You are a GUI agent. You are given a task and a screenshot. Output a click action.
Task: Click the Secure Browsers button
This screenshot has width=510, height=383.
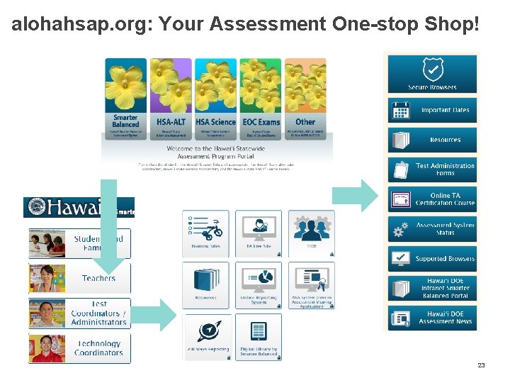click(432, 74)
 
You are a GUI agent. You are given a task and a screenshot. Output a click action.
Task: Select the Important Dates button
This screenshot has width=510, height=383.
click(432, 111)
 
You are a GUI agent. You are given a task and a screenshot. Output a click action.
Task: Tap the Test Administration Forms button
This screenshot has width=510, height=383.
click(432, 170)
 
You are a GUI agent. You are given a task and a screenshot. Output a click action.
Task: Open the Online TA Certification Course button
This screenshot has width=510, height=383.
click(432, 199)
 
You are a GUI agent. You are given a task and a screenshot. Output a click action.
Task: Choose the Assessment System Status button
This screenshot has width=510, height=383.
click(432, 229)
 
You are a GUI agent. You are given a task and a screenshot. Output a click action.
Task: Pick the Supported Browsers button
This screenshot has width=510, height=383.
click(432, 259)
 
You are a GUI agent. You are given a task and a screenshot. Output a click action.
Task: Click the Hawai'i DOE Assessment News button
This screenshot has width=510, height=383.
click(432, 317)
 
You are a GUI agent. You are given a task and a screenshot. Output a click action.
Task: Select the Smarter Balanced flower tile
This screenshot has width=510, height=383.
click(125, 93)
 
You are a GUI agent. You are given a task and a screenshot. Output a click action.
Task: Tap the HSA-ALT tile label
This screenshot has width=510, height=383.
click(171, 122)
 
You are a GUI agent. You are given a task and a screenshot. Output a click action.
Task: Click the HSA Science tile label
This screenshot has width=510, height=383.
click(215, 122)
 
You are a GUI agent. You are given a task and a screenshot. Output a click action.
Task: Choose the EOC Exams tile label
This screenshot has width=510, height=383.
click(261, 122)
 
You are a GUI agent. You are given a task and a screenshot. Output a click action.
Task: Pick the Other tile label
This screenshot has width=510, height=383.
click(305, 122)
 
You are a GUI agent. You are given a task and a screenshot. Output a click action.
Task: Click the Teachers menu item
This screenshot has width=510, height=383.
click(79, 278)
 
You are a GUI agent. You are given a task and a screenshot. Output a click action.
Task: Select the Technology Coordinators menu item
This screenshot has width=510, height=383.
click(79, 348)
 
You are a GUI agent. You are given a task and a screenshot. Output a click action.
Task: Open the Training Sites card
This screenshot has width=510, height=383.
click(205, 233)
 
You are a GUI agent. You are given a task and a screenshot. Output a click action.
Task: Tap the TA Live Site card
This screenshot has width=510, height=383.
click(259, 233)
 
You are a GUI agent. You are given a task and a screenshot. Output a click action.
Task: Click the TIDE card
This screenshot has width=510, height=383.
click(311, 233)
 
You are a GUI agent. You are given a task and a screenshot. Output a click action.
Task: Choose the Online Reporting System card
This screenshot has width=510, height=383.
click(259, 285)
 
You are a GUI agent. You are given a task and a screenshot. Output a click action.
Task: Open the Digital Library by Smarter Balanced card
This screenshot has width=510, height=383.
click(259, 338)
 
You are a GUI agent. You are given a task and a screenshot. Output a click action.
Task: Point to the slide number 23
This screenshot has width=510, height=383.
click(481, 365)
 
